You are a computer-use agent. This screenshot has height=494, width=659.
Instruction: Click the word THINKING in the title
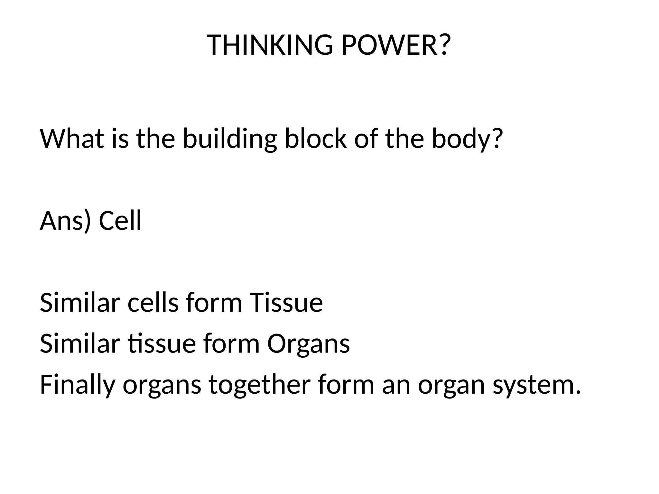[x=270, y=45]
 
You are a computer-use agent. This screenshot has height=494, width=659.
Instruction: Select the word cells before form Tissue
[x=153, y=303]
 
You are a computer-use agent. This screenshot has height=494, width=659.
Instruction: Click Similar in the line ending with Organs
[x=80, y=343]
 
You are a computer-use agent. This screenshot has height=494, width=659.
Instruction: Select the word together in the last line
[x=259, y=385]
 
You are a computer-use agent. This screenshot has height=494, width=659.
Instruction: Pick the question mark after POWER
[x=443, y=45]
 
